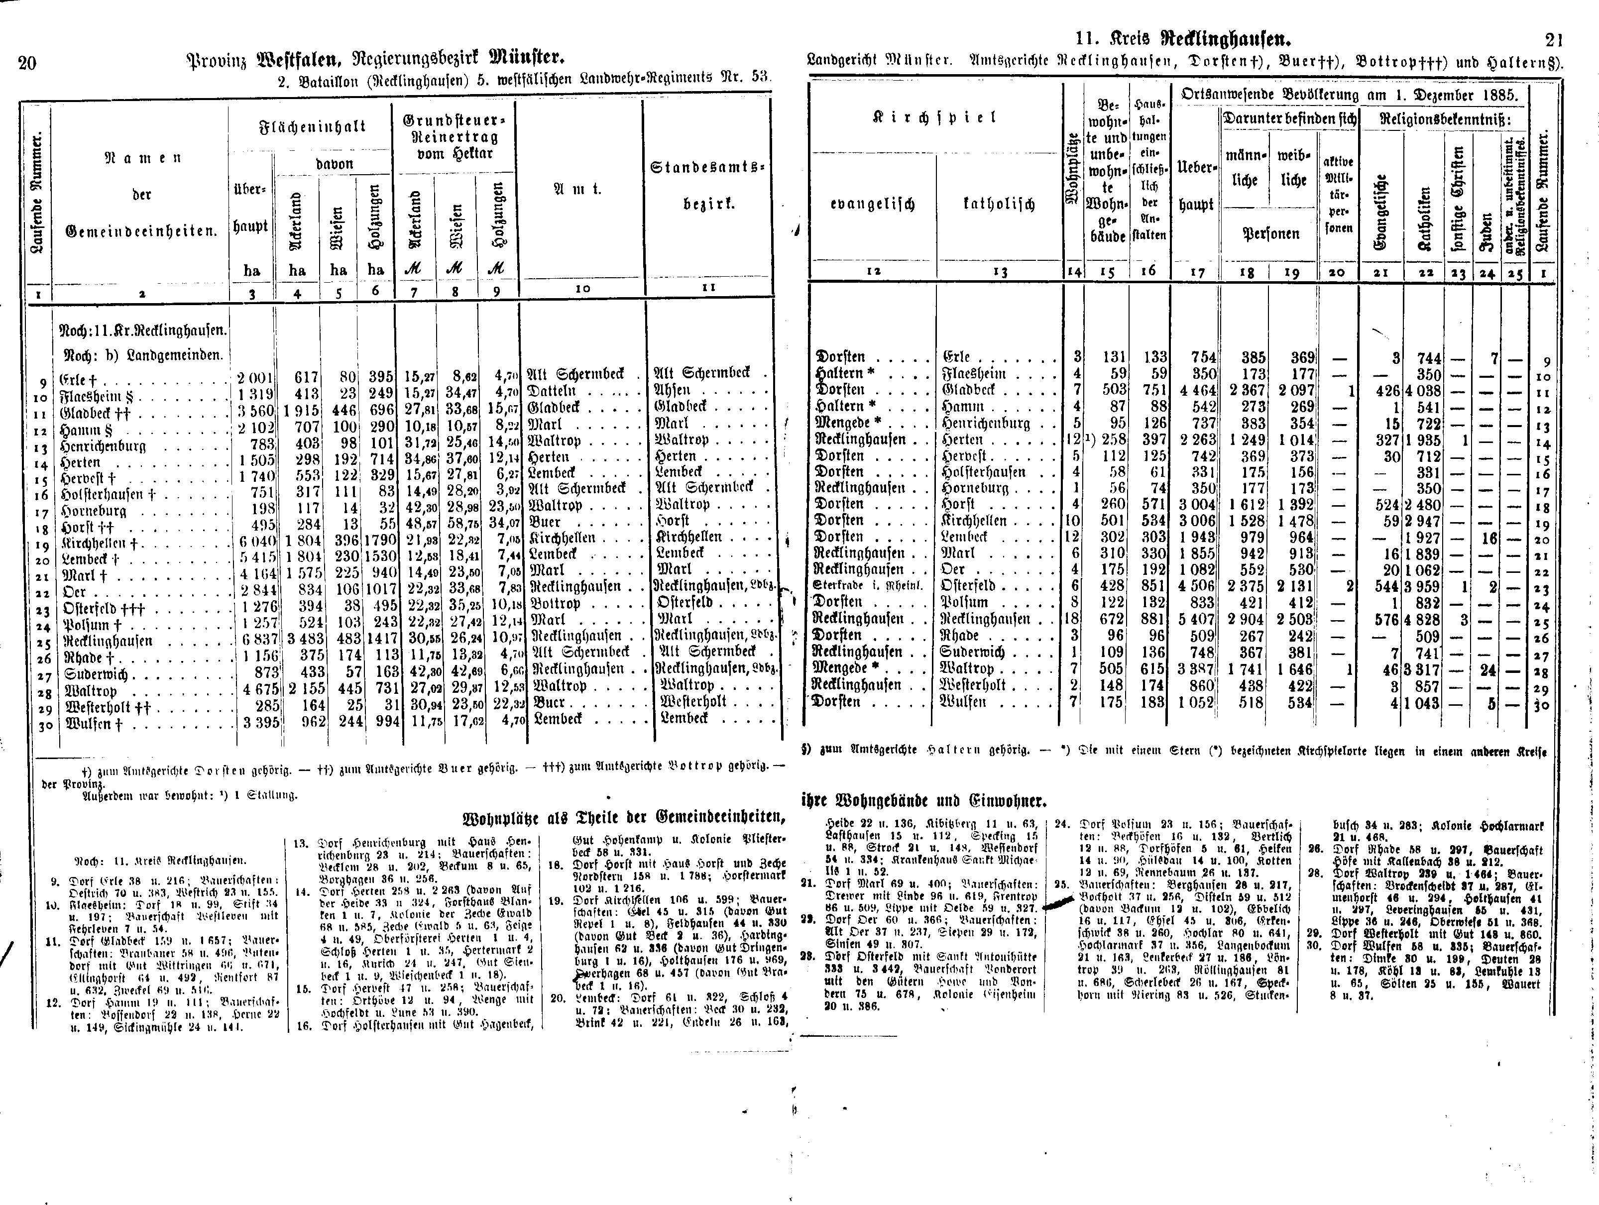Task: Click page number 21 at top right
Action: [x=1552, y=40]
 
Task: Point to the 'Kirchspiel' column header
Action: [x=936, y=117]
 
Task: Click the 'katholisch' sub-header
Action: [x=998, y=205]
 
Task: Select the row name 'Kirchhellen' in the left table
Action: [x=95, y=544]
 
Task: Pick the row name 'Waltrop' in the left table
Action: [x=91, y=691]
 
